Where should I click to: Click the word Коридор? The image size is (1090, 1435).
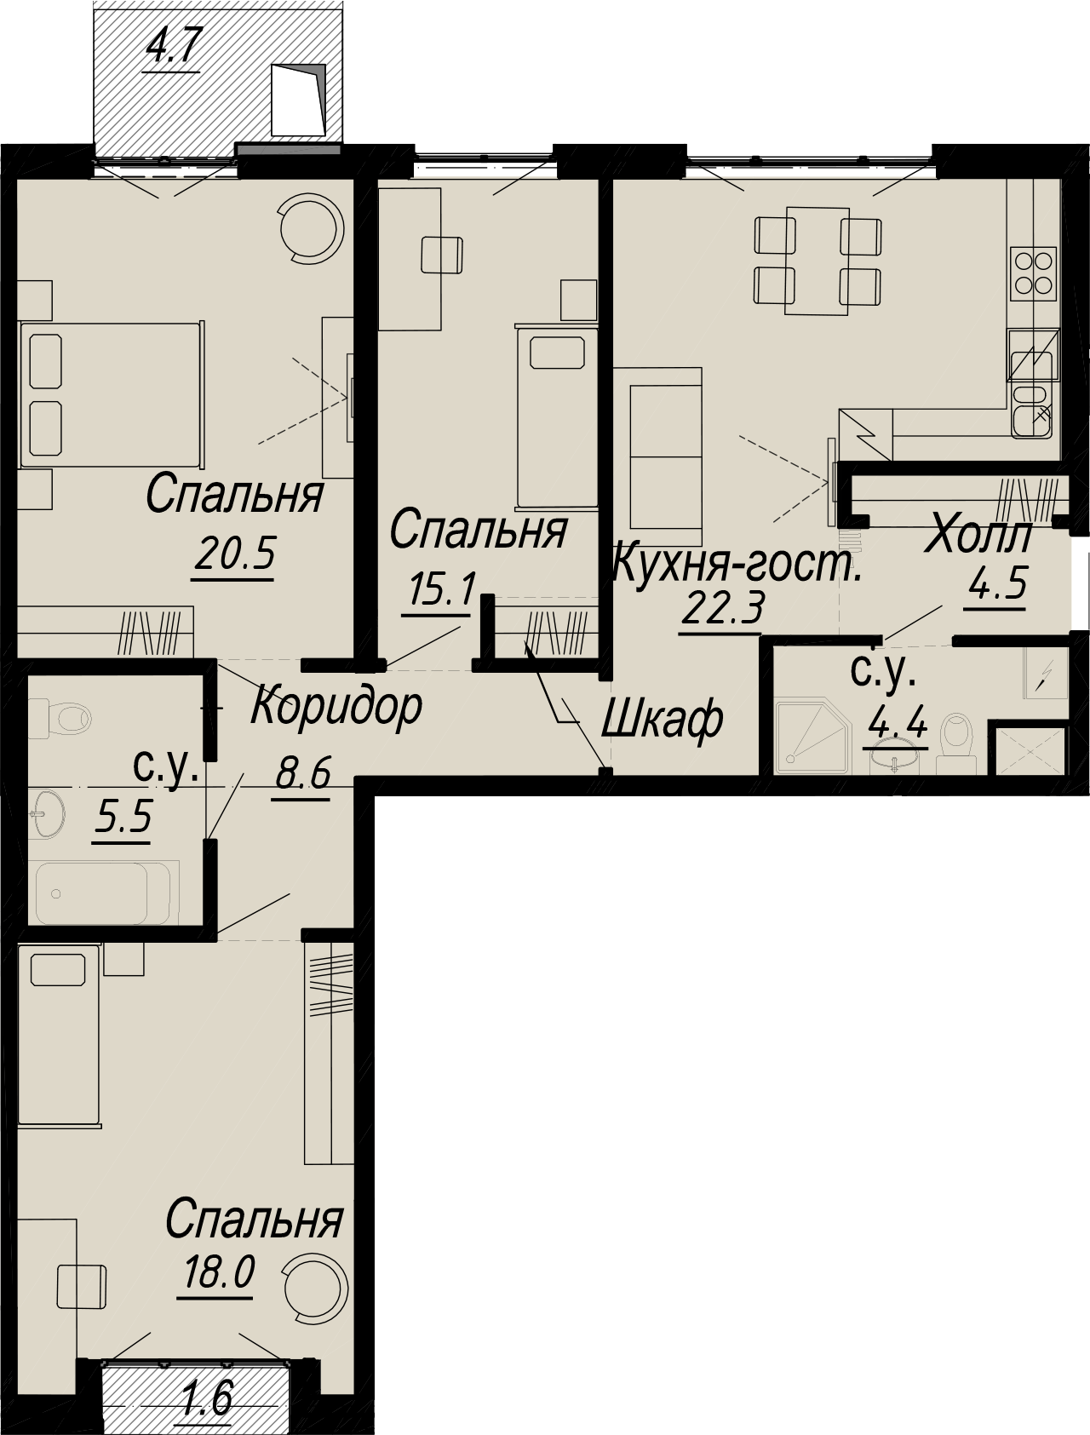[336, 706]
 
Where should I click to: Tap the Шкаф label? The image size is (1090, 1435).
[663, 720]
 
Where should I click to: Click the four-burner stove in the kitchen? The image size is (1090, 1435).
[1034, 273]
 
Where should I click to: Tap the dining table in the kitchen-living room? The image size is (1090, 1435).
[817, 260]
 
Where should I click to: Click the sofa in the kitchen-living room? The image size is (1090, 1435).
[657, 456]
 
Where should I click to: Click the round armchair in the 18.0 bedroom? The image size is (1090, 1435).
[315, 1287]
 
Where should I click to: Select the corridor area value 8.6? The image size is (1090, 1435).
[302, 774]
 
